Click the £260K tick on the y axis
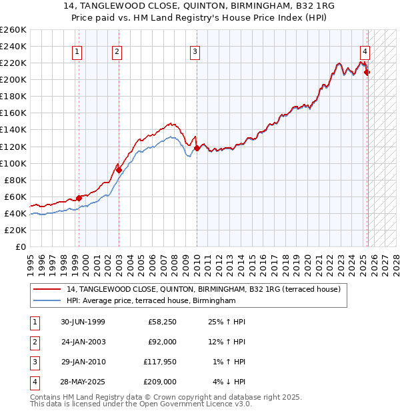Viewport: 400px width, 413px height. (13, 30)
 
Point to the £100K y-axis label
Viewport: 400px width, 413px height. (13, 163)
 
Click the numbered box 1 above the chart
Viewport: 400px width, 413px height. (78, 52)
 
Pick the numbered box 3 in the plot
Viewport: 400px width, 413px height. (195, 52)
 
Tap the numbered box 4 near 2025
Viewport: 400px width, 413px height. (365, 52)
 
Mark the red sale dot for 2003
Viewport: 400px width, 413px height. (119, 170)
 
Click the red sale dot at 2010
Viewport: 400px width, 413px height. (197, 148)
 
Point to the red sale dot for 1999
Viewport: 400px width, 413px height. (79, 198)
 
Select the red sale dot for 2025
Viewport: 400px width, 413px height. (367, 72)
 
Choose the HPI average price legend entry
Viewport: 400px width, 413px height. (151, 301)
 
